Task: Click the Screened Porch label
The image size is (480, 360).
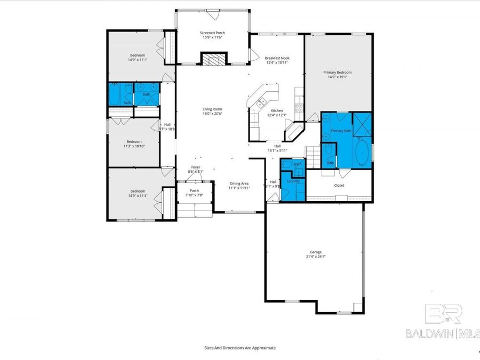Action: (212, 33)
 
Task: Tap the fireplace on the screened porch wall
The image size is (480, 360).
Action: (213, 59)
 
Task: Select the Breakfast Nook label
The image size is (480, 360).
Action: (277, 58)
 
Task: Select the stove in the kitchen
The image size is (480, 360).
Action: (299, 106)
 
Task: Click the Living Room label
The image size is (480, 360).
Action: (212, 109)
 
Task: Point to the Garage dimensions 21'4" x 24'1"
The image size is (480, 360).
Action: (316, 257)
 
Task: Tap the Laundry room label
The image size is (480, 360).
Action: (293, 181)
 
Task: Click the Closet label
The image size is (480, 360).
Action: (339, 186)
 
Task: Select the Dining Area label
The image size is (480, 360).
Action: (239, 183)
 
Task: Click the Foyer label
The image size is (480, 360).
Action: (196, 167)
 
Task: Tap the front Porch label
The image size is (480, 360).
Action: (195, 190)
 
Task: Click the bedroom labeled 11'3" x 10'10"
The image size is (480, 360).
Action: (134, 144)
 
